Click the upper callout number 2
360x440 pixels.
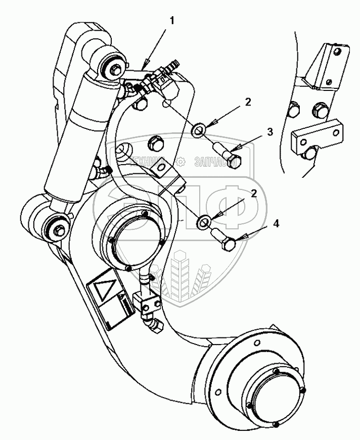(x=247, y=102)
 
